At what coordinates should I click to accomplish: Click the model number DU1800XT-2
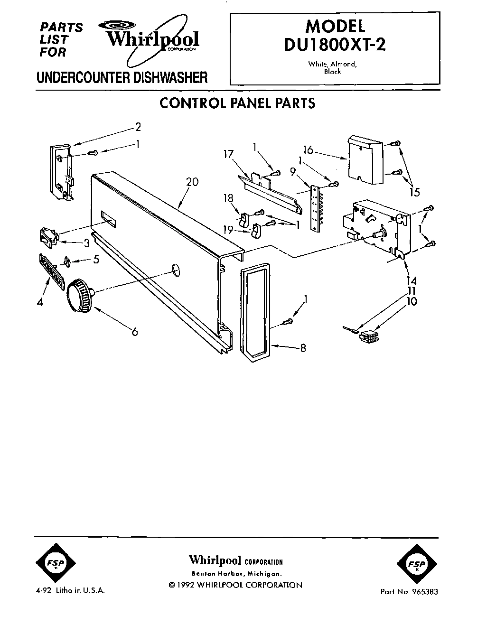tap(335, 44)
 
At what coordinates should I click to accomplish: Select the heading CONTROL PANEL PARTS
tap(237, 103)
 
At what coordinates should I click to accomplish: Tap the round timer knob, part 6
tap(79, 297)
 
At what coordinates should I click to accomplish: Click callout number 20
tap(192, 182)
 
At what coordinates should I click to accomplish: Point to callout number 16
tap(309, 150)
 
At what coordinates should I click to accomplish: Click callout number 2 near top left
tap(138, 127)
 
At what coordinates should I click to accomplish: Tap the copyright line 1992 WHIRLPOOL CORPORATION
tap(235, 585)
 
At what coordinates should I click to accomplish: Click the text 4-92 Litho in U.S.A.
tap(69, 591)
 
